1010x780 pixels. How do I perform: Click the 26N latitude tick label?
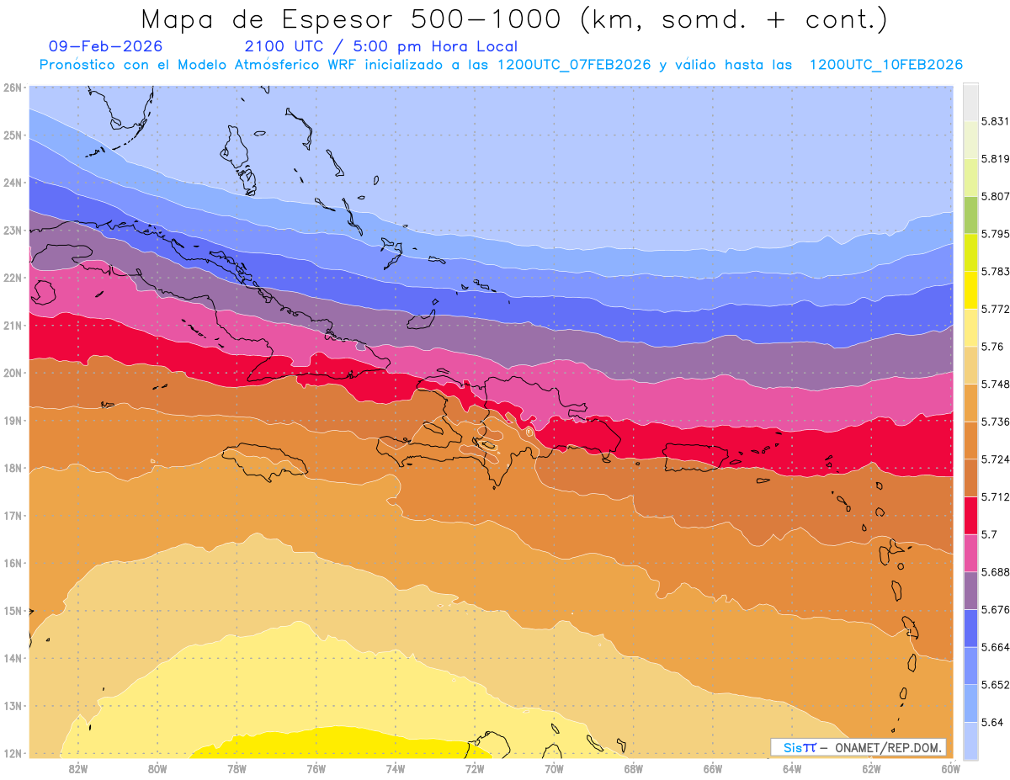(13, 88)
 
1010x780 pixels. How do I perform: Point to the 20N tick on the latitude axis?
(13, 373)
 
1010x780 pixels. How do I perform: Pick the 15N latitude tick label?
(13, 611)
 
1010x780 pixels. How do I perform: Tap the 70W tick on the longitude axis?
(554, 767)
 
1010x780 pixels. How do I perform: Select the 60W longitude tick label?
(951, 767)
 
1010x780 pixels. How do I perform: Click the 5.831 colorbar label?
(996, 121)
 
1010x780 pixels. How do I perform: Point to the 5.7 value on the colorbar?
(990, 534)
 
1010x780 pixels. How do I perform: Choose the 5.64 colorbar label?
(992, 722)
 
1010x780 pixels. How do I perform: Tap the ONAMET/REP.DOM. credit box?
(858, 747)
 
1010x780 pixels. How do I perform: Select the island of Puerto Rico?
(695, 456)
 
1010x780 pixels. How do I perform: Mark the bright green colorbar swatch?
(970, 215)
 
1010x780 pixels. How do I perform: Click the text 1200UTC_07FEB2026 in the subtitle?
(574, 65)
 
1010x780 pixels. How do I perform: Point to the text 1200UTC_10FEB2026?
(885, 65)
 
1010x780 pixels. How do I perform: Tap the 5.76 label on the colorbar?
(992, 347)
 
